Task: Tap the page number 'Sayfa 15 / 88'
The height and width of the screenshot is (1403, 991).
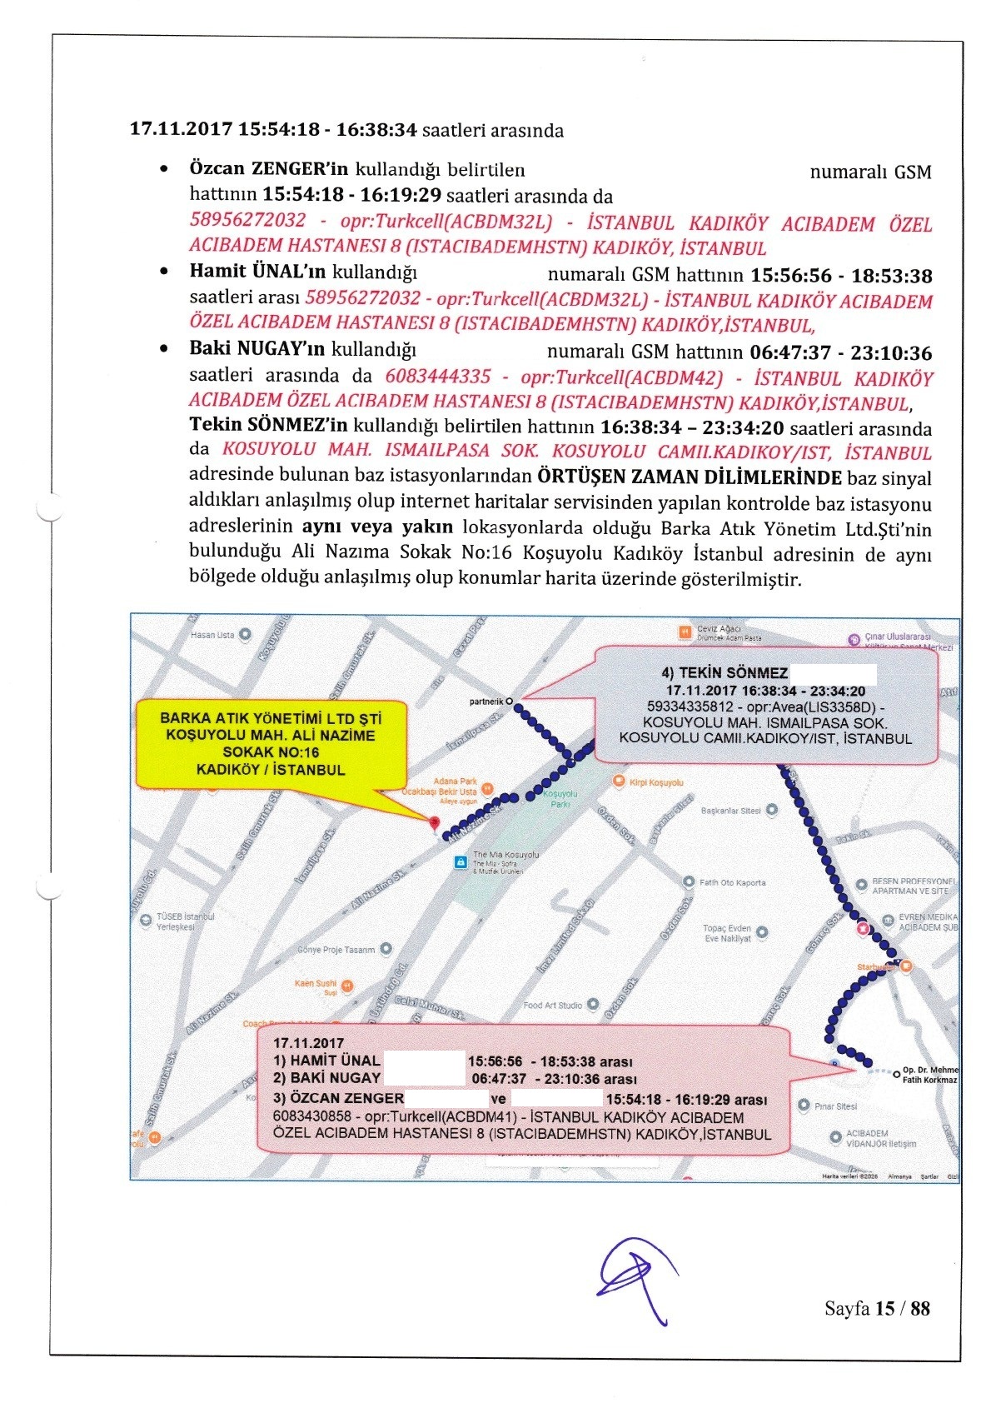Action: pos(876,1308)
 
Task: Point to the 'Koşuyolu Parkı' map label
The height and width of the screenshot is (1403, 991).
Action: pos(560,799)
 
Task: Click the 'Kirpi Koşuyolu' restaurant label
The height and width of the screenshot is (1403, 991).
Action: pos(655,782)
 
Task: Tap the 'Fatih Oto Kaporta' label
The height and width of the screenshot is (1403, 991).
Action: pos(732,882)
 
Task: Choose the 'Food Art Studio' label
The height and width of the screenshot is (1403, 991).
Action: pos(553,1006)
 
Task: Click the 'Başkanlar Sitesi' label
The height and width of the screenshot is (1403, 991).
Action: pos(731,811)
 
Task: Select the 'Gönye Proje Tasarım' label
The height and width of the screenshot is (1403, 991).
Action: pos(336,950)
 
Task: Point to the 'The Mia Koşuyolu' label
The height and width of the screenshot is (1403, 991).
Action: pos(505,855)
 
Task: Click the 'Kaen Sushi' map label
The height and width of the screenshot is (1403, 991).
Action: pos(316,984)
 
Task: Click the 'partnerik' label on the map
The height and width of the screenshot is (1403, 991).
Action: pos(486,701)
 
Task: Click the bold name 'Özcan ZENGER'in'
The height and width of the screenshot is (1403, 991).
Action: pos(268,168)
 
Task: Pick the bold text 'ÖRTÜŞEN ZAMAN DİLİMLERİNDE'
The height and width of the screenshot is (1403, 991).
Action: pos(690,477)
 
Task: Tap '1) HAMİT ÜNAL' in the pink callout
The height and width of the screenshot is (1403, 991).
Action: pos(326,1061)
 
